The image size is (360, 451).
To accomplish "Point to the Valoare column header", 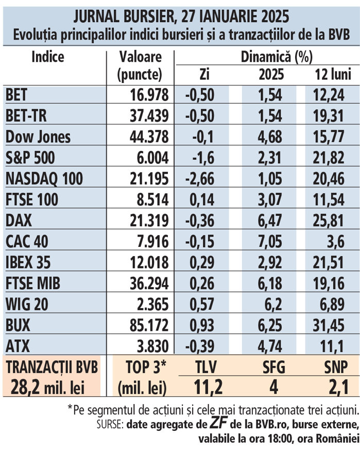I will click(x=140, y=56).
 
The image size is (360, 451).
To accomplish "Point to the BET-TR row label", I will click(x=26, y=116).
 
